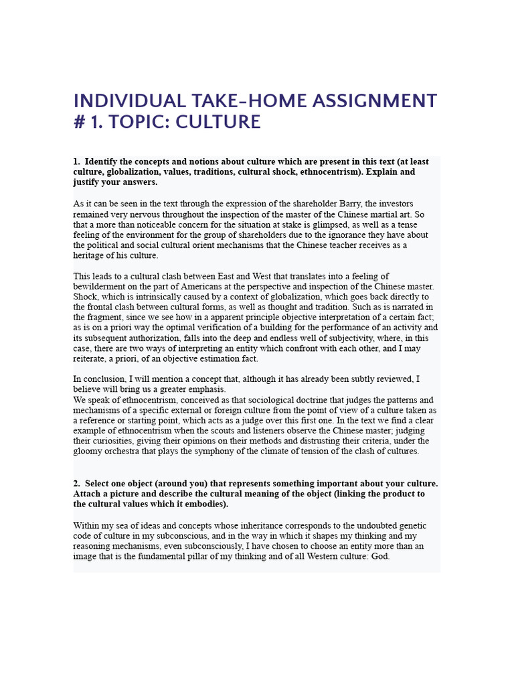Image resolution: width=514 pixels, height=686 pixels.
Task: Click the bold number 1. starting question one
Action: click(x=77, y=161)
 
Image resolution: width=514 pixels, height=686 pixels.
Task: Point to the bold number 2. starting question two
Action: click(x=77, y=484)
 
